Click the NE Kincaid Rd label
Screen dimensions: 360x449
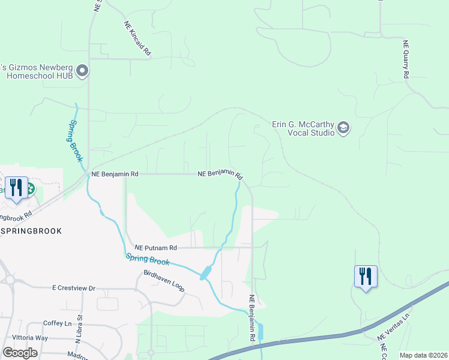(x=137, y=39)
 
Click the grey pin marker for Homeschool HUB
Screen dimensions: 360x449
(x=83, y=71)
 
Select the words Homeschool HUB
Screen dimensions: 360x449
(x=40, y=76)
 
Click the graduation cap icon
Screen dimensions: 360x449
(x=343, y=127)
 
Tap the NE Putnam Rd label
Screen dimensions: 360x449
(x=156, y=247)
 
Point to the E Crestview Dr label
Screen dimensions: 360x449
(x=74, y=289)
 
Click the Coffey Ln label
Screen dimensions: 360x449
(x=58, y=323)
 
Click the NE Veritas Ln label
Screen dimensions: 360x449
(x=394, y=328)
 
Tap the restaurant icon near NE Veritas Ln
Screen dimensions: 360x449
(x=366, y=277)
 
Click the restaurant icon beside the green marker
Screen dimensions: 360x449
(x=16, y=188)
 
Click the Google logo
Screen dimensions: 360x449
(x=20, y=352)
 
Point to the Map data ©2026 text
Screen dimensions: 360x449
(x=423, y=355)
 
